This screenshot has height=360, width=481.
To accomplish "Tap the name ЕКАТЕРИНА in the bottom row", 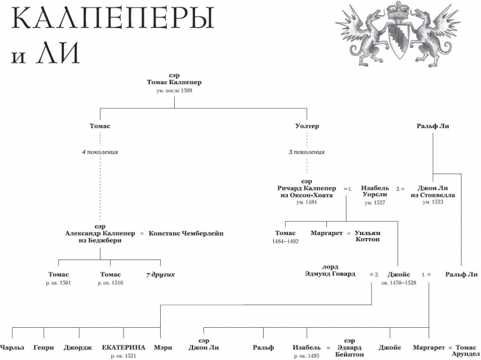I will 124,347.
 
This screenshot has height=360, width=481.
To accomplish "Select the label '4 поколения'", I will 100,152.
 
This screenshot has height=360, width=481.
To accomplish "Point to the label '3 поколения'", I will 306,152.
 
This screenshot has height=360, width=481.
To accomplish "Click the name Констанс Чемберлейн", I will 186,233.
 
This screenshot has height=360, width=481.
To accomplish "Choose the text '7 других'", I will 160,275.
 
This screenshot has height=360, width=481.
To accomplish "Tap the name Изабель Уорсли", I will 374,192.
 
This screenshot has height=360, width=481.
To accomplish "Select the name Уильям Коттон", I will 368,236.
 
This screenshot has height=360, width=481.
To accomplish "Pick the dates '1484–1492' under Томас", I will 285,241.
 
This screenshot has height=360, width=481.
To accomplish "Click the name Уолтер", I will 306,126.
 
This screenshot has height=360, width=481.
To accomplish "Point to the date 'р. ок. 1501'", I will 58,283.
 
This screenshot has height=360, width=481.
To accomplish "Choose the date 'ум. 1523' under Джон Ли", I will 432,202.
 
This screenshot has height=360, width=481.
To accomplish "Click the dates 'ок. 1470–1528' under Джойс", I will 399,283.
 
